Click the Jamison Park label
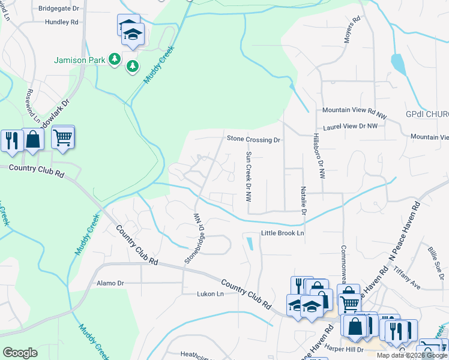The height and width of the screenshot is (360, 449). pyautogui.click(x=78, y=60)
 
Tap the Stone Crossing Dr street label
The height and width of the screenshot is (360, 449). pyautogui.click(x=253, y=139)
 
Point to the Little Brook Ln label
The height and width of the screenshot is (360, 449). pyautogui.click(x=282, y=233)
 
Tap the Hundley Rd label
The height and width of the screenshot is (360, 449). pyautogui.click(x=61, y=22)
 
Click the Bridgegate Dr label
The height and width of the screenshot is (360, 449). pyautogui.click(x=58, y=9)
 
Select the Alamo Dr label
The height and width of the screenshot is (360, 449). pyautogui.click(x=110, y=283)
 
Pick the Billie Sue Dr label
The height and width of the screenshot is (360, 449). pyautogui.click(x=435, y=257)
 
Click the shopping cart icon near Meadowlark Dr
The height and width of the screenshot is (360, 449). pyautogui.click(x=62, y=138)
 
